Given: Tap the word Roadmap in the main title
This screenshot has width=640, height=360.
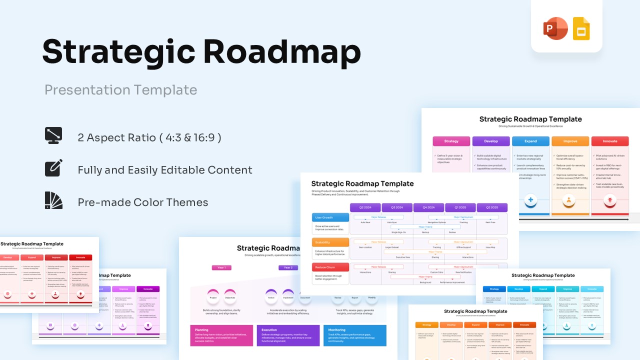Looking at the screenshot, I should [281, 51].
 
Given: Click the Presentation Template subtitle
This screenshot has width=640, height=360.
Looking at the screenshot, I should [121, 90].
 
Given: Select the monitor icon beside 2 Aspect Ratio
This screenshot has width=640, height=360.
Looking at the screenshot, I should [53, 135].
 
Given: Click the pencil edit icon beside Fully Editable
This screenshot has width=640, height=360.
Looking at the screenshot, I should [53, 168].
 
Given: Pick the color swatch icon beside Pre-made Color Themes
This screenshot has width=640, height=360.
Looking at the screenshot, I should [53, 200].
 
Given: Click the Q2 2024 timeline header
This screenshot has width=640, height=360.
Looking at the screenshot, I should [365, 207].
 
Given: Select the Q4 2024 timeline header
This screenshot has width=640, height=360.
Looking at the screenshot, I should [428, 207].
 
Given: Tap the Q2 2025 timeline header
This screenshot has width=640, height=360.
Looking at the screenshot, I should [492, 207].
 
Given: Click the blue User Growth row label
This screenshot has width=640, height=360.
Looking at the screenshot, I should [330, 217].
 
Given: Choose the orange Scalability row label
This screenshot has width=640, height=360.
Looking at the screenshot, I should [330, 242].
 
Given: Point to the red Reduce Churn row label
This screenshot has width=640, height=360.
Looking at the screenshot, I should [330, 267].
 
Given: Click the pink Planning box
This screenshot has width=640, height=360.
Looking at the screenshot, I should [221, 335].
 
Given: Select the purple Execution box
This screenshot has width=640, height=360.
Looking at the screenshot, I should [288, 335].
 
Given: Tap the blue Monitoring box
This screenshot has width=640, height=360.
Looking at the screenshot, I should [355, 335].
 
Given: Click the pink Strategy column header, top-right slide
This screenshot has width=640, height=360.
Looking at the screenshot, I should [451, 141].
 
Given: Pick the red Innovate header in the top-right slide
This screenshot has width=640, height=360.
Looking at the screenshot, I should [610, 141].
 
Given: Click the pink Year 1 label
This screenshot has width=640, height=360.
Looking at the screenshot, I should [221, 267].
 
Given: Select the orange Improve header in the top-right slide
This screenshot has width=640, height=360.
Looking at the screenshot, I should [570, 141].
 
